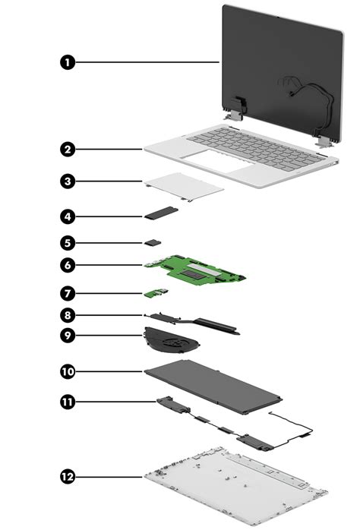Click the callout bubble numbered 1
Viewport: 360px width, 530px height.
pyautogui.click(x=68, y=62)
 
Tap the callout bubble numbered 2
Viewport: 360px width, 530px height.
pyautogui.click(x=68, y=150)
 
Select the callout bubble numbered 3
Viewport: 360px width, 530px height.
pyautogui.click(x=68, y=181)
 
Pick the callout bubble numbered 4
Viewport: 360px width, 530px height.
pyautogui.click(x=68, y=216)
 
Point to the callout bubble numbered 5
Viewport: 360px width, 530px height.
pyautogui.click(x=68, y=243)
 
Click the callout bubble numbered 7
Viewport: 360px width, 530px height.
pyautogui.click(x=68, y=292)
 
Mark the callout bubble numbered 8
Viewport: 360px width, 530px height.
pyautogui.click(x=68, y=314)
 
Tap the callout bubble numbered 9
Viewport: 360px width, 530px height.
pyautogui.click(x=68, y=333)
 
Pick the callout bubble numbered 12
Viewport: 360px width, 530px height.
pyautogui.click(x=68, y=476)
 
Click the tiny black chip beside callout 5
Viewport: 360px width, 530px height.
pyautogui.click(x=154, y=241)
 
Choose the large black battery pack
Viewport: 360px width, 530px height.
pyautogui.click(x=213, y=383)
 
